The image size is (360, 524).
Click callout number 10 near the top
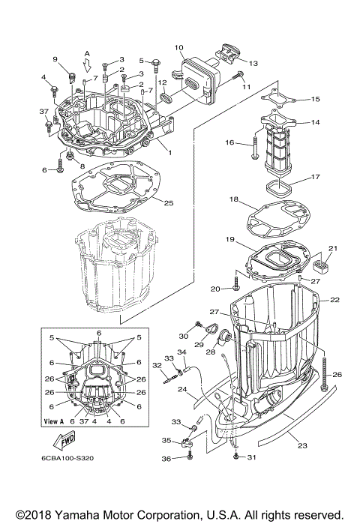pyautogui.click(x=179, y=48)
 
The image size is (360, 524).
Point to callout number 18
pyautogui.click(x=234, y=200)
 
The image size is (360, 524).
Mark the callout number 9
pyautogui.click(x=55, y=59)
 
